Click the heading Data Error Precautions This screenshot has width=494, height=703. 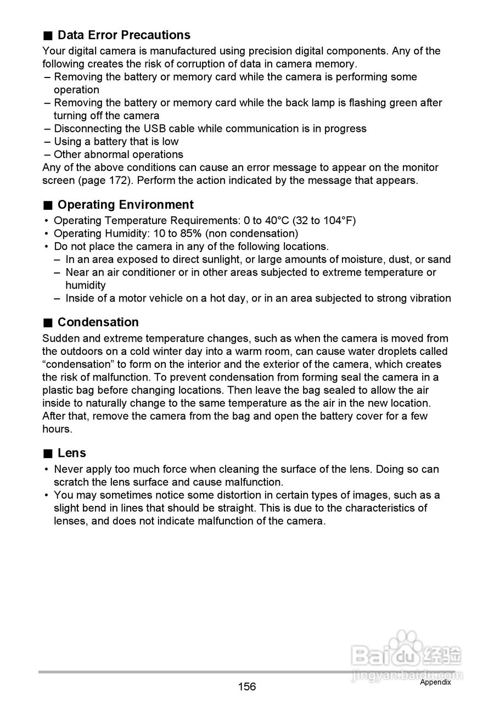(123, 35)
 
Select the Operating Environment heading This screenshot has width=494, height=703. (125, 205)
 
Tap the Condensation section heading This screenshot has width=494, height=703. (98, 322)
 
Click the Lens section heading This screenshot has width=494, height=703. (71, 453)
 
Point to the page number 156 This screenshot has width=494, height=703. (247, 687)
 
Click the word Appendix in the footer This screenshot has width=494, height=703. (435, 682)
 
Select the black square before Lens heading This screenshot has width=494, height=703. (48, 454)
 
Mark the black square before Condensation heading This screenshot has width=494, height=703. (48, 323)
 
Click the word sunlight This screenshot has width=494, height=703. (216, 260)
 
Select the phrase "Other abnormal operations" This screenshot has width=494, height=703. (118, 155)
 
